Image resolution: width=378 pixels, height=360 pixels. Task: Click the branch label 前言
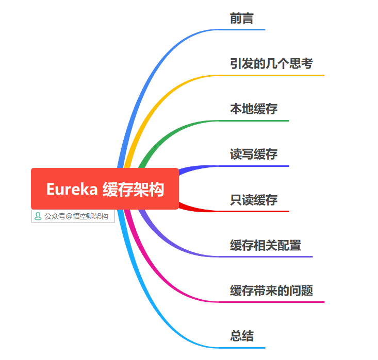coord(241,19)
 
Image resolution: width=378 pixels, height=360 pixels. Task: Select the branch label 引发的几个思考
coord(271,64)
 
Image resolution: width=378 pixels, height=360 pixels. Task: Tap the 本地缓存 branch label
coord(254,109)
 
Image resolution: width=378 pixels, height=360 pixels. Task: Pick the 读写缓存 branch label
coord(254,155)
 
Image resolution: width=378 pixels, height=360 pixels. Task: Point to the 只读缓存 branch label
coord(254,200)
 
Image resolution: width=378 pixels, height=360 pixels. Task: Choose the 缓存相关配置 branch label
coord(266,245)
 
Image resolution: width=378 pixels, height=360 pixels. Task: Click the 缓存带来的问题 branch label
coord(271,290)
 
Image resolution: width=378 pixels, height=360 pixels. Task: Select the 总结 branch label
coord(241,336)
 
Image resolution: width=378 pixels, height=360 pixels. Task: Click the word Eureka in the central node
coord(72,189)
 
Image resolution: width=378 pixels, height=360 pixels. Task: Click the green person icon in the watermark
coord(38,217)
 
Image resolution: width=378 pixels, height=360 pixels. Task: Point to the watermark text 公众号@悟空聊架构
coord(76,217)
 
